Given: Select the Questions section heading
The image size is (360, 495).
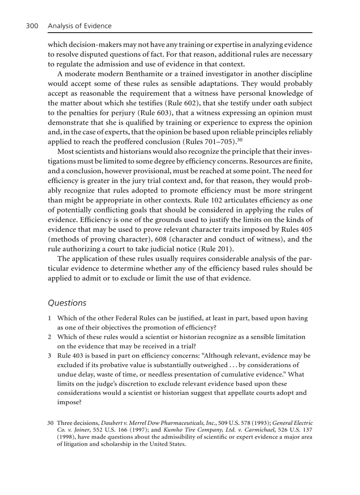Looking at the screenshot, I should click(67, 303).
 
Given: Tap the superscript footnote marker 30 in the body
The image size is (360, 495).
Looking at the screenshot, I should click(240, 140).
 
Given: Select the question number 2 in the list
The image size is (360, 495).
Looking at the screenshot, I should click(50, 337).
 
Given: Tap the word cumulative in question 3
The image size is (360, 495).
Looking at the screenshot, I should click(241, 374).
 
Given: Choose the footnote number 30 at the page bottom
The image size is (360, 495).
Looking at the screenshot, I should click(50, 423).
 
